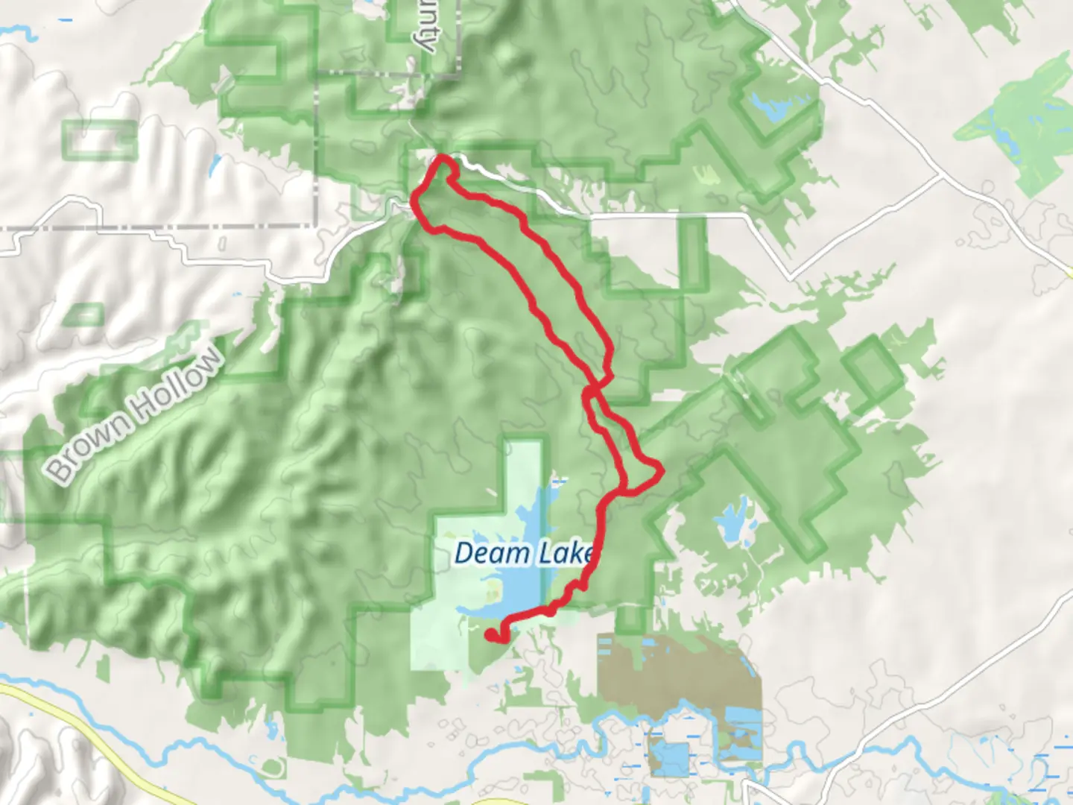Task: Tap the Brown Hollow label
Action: pyautogui.click(x=135, y=414)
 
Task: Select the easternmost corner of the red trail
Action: pyautogui.click(x=659, y=470)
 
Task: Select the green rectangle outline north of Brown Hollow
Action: pyautogui.click(x=100, y=139)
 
